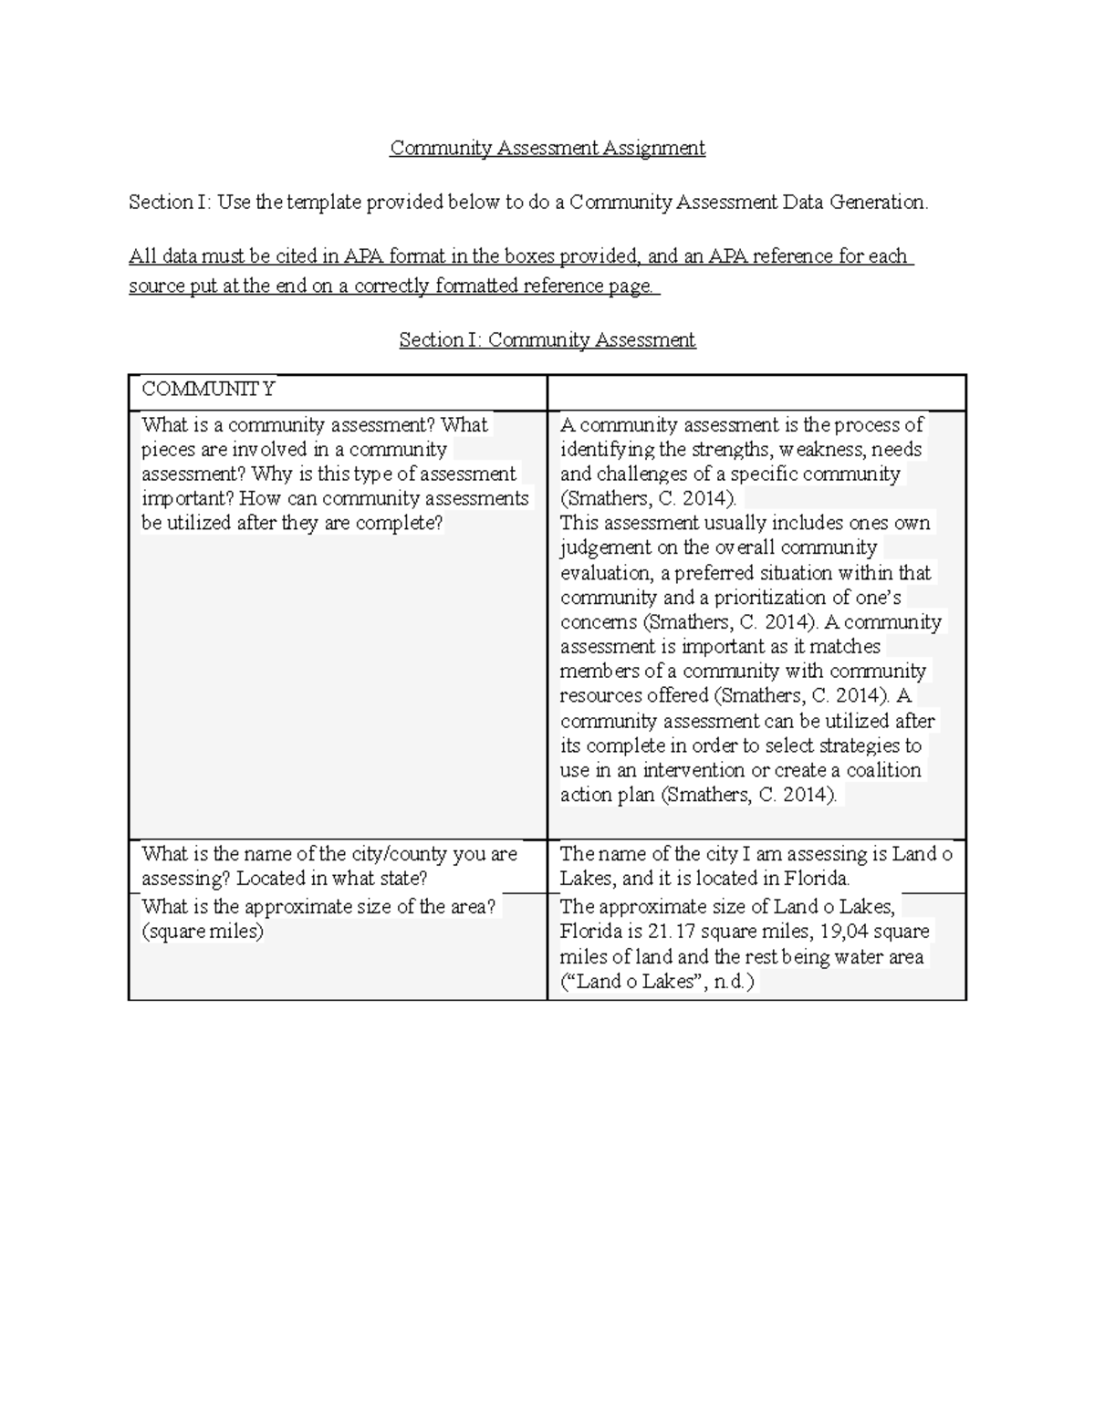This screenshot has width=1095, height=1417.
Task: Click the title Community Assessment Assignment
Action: [x=547, y=148]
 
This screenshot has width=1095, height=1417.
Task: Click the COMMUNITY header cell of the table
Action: [x=208, y=390]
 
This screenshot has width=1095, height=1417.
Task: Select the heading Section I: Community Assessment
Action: [x=547, y=340]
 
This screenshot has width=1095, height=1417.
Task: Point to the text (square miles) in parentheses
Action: [x=203, y=932]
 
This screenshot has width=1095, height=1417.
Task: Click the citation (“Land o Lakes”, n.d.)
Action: [x=658, y=982]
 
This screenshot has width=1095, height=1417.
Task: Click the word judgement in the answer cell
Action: [x=605, y=547]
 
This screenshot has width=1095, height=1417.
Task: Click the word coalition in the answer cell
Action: [x=884, y=770]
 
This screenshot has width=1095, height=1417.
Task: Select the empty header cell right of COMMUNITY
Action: [x=756, y=391]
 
